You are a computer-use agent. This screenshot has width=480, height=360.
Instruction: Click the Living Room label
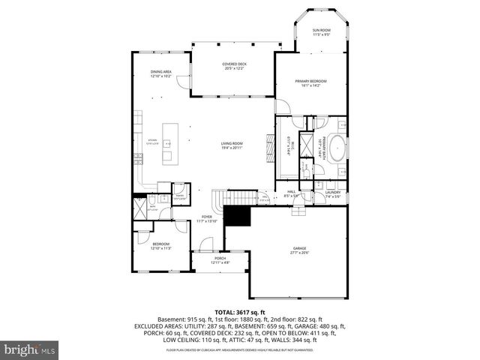pos(232,145)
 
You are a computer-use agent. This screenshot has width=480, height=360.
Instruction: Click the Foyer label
pos(206,219)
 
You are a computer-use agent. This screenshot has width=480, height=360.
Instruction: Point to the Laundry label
pos(333,194)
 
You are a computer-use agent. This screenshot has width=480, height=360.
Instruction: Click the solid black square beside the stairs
pos(238,217)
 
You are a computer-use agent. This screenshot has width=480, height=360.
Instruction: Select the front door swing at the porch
pos(208,244)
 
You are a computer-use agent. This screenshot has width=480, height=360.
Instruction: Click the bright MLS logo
pos(29,349)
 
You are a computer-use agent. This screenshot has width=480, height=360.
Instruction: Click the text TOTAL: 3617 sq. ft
pos(240,312)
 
